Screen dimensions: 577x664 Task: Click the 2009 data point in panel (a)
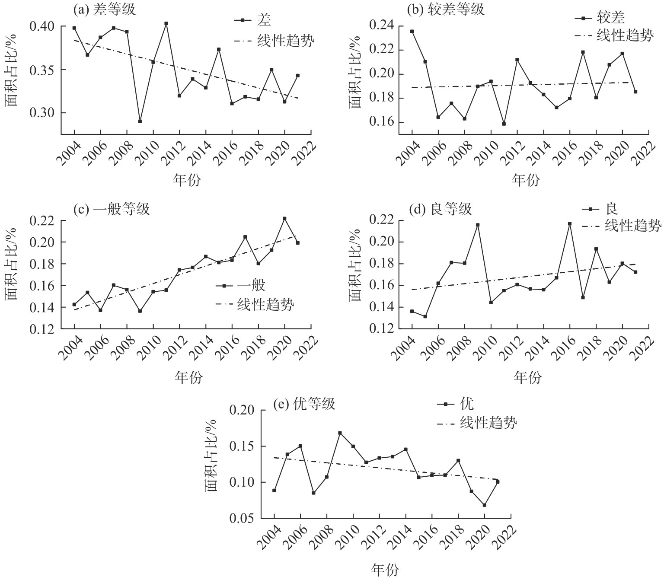(x=140, y=121)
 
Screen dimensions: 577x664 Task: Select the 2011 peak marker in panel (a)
(x=166, y=23)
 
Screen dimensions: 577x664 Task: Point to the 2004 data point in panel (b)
(x=412, y=31)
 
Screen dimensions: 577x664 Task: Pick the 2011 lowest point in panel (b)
(x=504, y=124)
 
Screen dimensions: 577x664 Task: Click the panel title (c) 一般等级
(x=112, y=209)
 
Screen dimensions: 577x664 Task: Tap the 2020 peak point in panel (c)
(x=284, y=219)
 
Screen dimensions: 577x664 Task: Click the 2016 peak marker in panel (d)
(x=569, y=223)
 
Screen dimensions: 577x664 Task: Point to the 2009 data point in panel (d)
(x=478, y=225)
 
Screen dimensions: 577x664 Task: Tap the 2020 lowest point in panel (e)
(x=485, y=505)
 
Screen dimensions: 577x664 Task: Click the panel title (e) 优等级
(x=304, y=405)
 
